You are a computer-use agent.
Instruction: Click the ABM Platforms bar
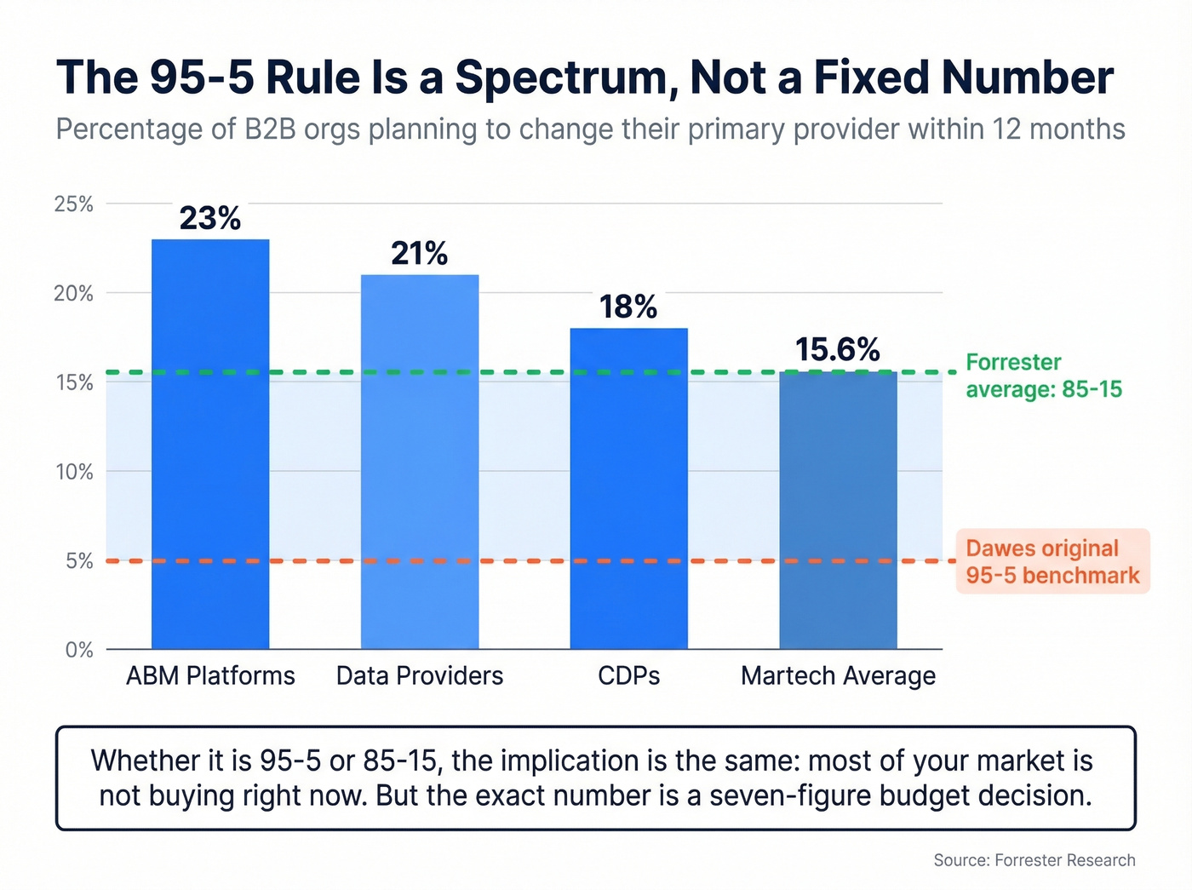210,444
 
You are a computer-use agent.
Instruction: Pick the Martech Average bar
838,510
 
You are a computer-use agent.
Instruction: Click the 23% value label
210,218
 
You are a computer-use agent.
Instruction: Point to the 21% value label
420,254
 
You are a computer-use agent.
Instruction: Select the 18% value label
628,307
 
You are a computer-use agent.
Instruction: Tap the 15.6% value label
838,350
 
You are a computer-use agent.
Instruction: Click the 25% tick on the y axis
74,204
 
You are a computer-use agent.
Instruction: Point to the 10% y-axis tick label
74,472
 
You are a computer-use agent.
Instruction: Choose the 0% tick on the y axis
79,650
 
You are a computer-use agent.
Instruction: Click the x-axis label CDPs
628,676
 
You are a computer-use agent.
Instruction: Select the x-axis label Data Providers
420,676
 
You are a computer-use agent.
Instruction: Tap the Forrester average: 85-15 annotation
1044,376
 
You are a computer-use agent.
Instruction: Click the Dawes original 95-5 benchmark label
1052,561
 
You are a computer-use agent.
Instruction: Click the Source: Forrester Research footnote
1034,860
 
